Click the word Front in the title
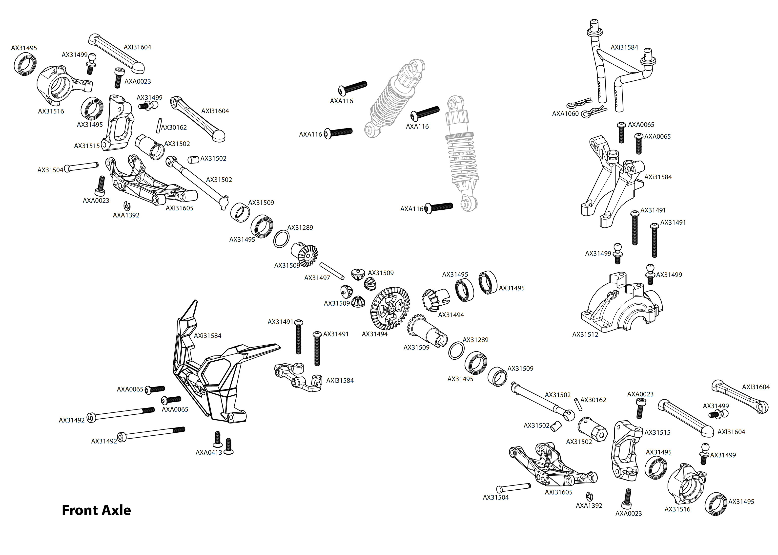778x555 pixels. (79, 510)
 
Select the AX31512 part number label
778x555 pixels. (585, 334)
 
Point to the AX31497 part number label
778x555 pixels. (317, 278)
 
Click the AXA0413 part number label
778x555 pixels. (209, 452)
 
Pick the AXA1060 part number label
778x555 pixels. (565, 113)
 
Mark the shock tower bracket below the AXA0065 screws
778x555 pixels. (613, 181)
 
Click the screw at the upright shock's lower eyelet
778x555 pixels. (440, 207)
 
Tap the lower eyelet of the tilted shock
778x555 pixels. (371, 130)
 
